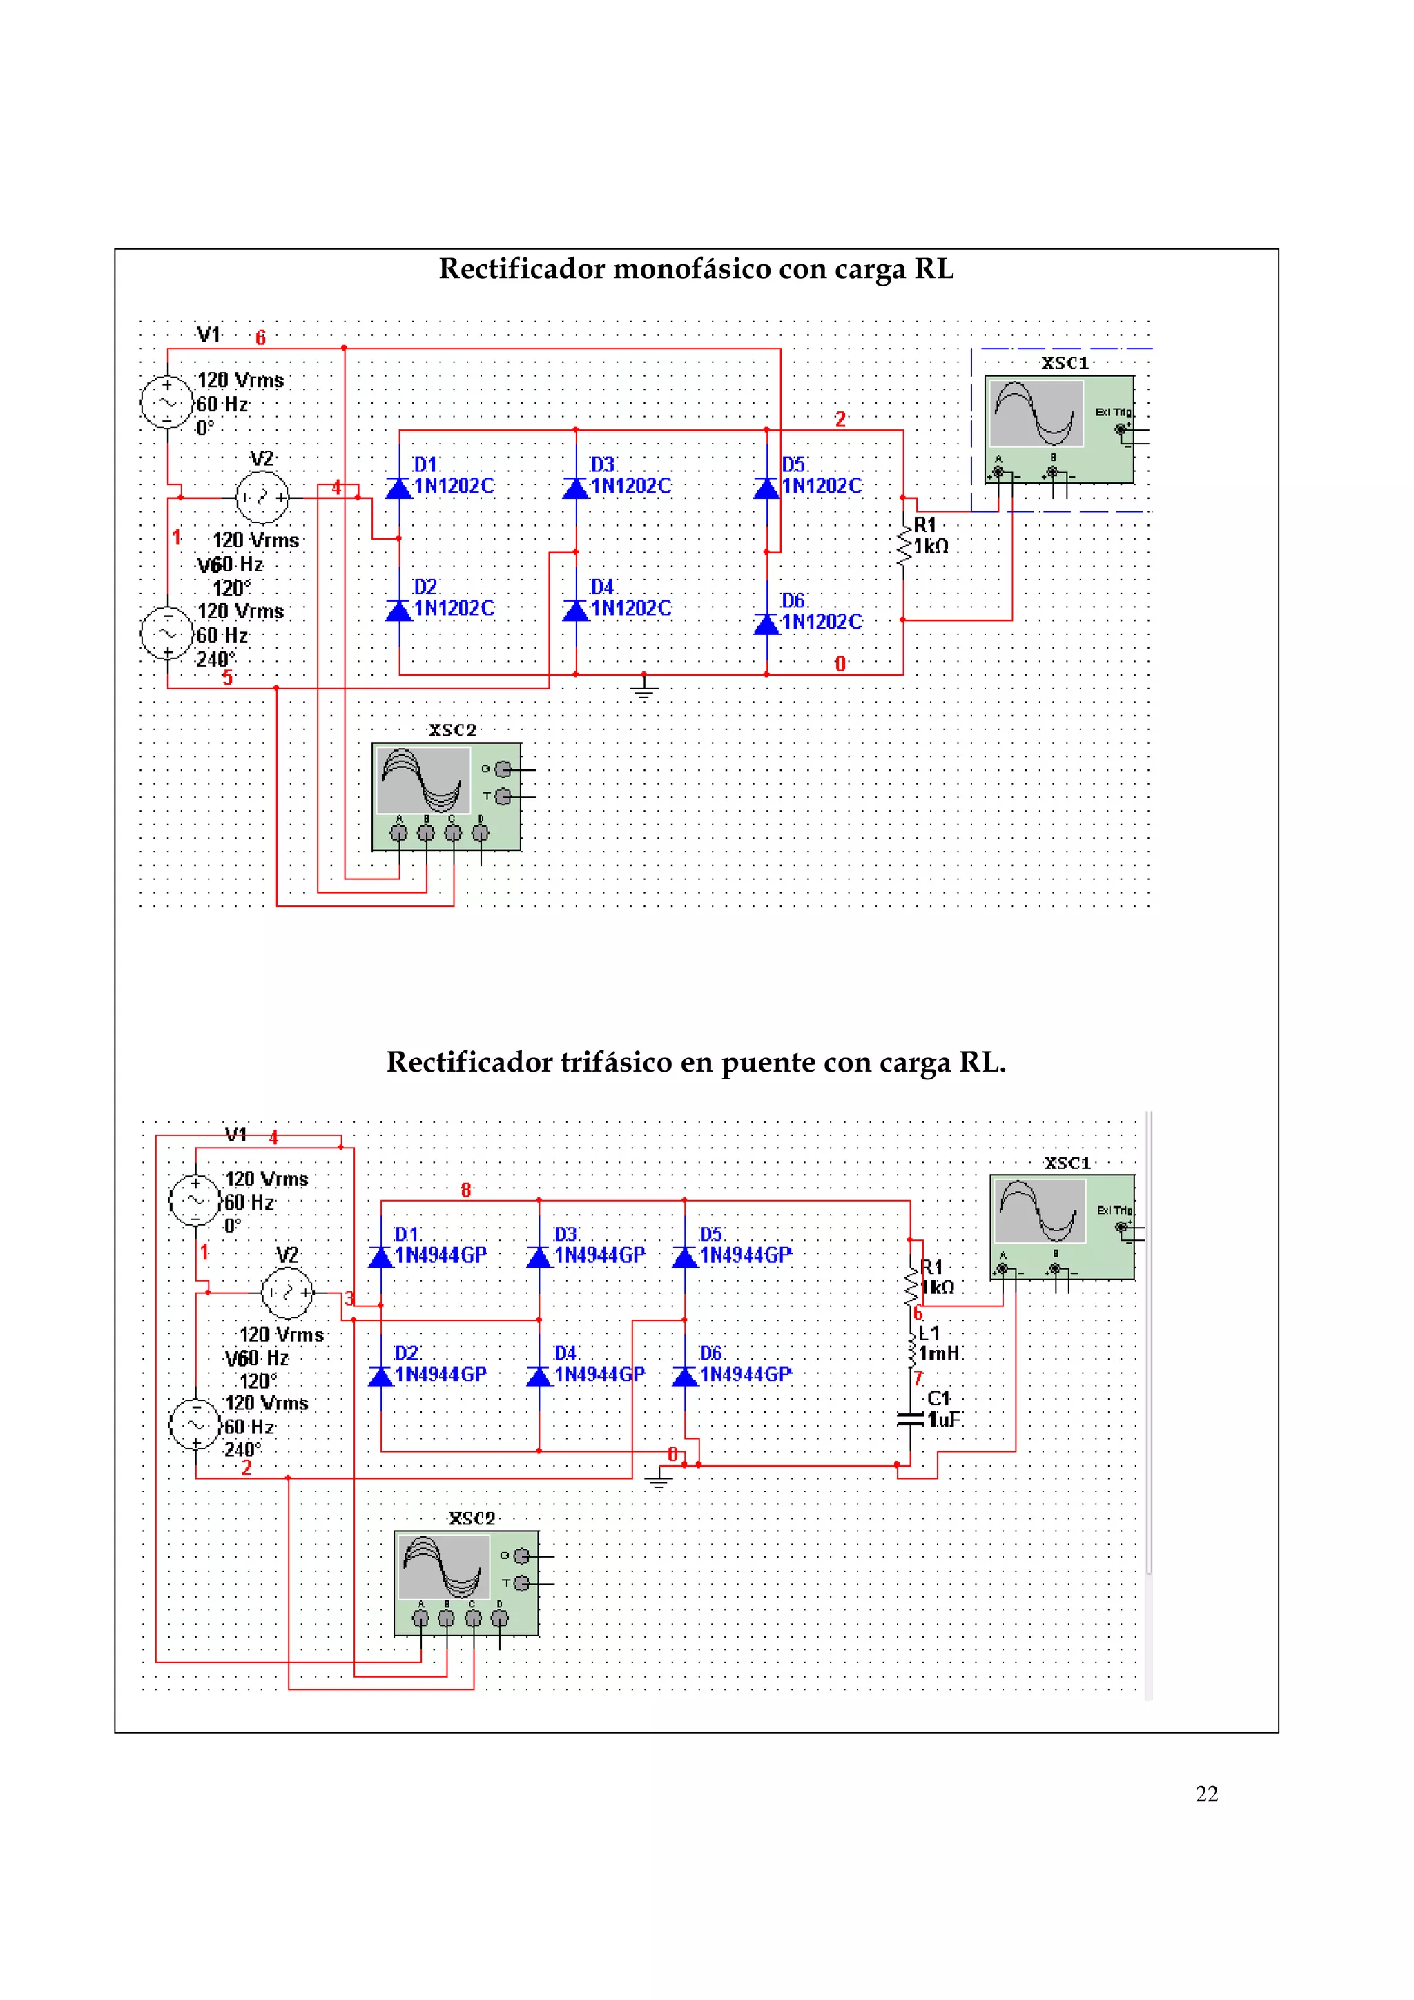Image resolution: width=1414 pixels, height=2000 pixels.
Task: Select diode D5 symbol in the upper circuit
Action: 766,489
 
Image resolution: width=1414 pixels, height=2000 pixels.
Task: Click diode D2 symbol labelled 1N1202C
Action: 399,611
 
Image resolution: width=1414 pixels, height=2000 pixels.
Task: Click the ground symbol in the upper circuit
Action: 644,691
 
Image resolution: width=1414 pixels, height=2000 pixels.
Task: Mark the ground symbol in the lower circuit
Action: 659,1481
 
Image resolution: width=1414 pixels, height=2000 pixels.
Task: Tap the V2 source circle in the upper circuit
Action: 262,498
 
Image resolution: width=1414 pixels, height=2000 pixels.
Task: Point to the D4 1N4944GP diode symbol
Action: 539,1376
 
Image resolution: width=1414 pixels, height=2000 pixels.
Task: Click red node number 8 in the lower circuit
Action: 466,1190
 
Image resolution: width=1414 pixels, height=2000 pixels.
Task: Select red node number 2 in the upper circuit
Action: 840,419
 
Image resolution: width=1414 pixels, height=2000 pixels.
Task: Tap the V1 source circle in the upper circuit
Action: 167,402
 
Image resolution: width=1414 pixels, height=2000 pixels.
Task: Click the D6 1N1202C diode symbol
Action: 766,624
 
